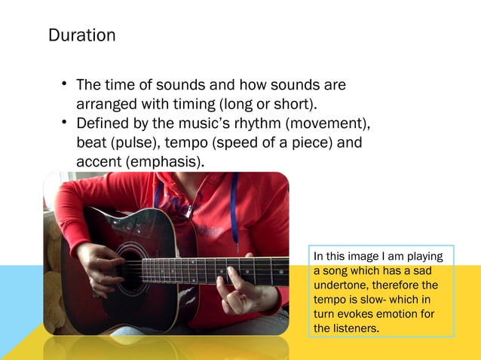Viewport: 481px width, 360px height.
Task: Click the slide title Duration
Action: pos(81,35)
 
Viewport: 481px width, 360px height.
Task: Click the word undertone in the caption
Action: pos(338,285)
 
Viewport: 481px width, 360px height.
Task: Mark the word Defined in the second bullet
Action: pos(103,124)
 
